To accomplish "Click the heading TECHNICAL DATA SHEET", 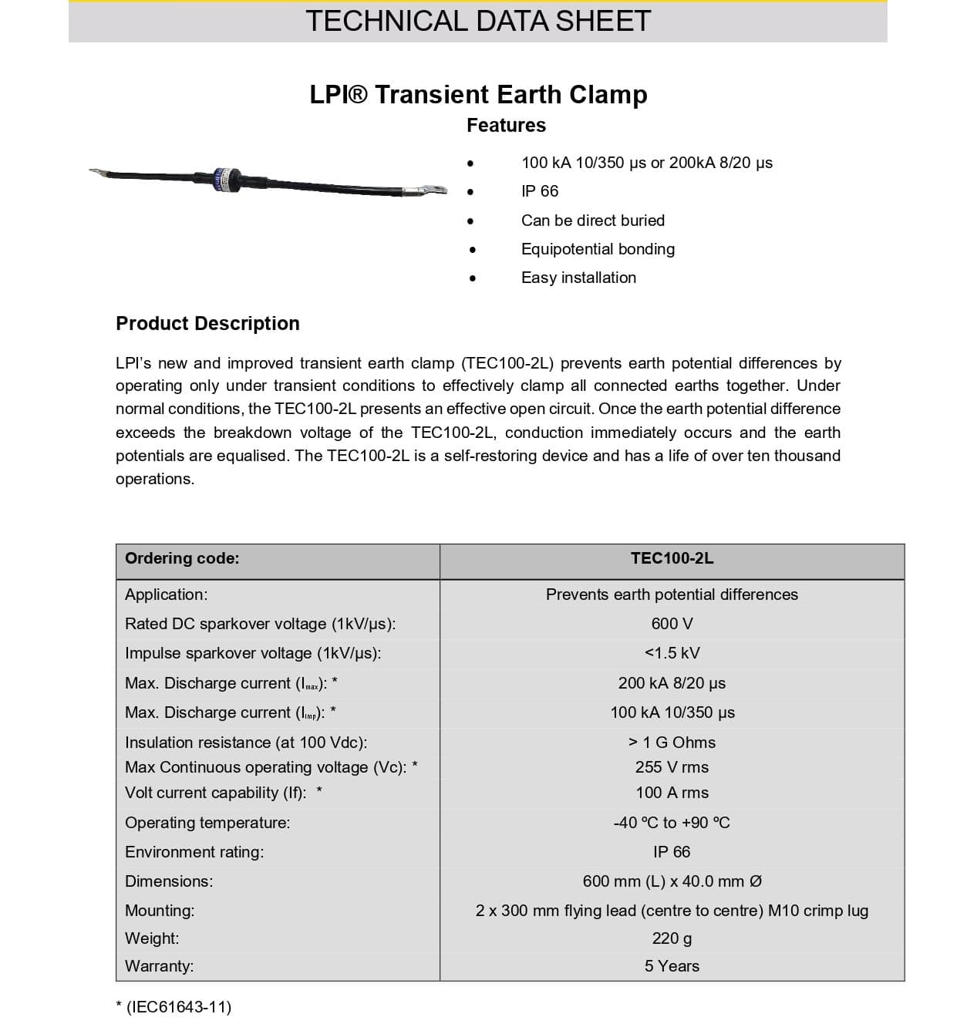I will pyautogui.click(x=478, y=21).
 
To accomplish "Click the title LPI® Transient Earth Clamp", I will pyautogui.click(x=478, y=95).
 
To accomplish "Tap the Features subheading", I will pyautogui.click(x=506, y=126).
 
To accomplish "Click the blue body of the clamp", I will pyautogui.click(x=225, y=178).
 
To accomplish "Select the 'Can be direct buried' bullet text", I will pyautogui.click(x=592, y=221).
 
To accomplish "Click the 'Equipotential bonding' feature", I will pyautogui.click(x=598, y=249).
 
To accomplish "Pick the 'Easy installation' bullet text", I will pyautogui.click(x=578, y=278).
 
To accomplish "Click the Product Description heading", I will pyautogui.click(x=207, y=324).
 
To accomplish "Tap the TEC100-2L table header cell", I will pyautogui.click(x=672, y=559).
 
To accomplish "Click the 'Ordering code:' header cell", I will pyautogui.click(x=182, y=559).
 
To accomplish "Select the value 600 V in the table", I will pyautogui.click(x=672, y=624).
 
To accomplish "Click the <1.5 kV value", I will pyautogui.click(x=672, y=653).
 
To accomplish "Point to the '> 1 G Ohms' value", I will pyautogui.click(x=672, y=743).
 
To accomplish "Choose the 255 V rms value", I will pyautogui.click(x=672, y=767).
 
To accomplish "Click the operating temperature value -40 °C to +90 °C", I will pyautogui.click(x=672, y=823).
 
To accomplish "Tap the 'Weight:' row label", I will pyautogui.click(x=152, y=938).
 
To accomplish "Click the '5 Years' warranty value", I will pyautogui.click(x=672, y=966).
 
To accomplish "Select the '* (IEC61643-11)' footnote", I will pyautogui.click(x=174, y=1006).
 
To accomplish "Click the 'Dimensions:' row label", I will pyautogui.click(x=169, y=881).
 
